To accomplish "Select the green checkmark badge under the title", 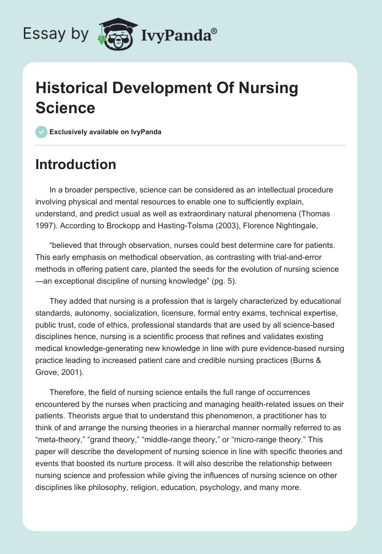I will tap(41, 132).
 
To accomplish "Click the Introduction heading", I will tap(76, 164).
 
